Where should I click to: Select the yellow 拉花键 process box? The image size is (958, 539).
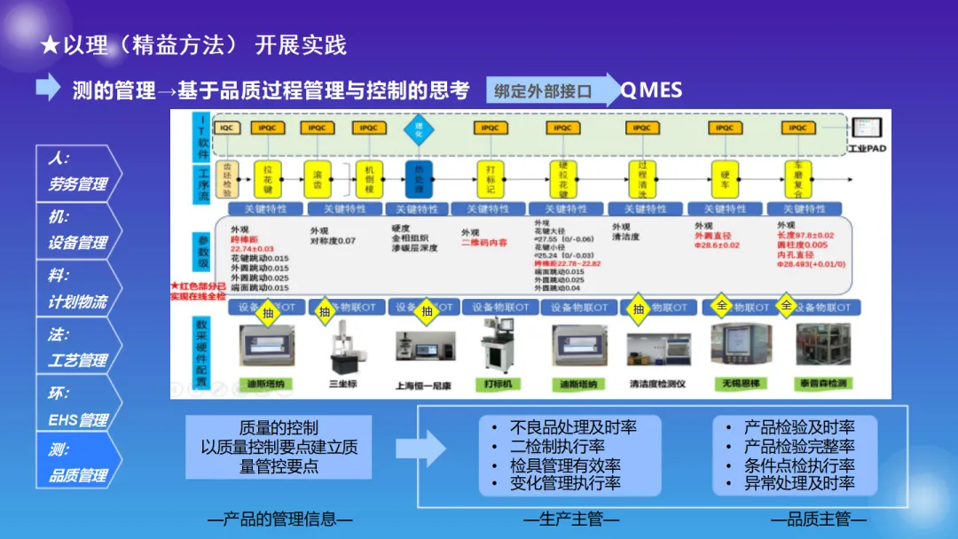point(267,179)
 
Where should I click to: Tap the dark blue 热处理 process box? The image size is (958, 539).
point(419,179)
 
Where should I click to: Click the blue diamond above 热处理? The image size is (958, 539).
point(419,128)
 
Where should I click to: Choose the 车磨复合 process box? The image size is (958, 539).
point(797,179)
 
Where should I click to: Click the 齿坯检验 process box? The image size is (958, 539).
point(227,179)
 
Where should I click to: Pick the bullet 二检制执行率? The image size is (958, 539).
point(557,446)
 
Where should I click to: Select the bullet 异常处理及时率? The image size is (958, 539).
point(799,484)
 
